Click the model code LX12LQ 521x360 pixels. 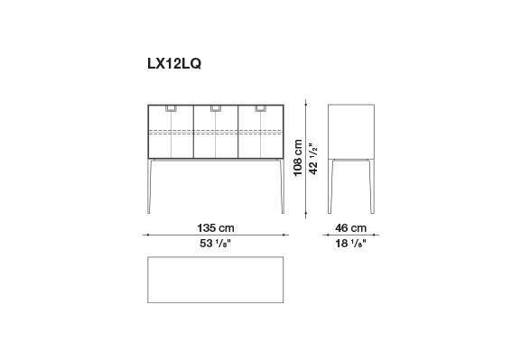tap(174, 63)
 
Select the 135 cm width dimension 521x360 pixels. tap(216, 228)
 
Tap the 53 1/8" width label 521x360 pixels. tap(215, 244)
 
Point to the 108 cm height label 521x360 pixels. tap(298, 157)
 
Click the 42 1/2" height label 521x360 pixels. tap(313, 159)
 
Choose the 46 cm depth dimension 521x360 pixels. tap(351, 228)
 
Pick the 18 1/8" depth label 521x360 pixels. tap(350, 244)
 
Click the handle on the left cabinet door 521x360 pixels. tap(171, 108)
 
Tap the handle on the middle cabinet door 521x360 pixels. tap(216, 108)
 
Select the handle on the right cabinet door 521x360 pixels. tap(260, 108)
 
